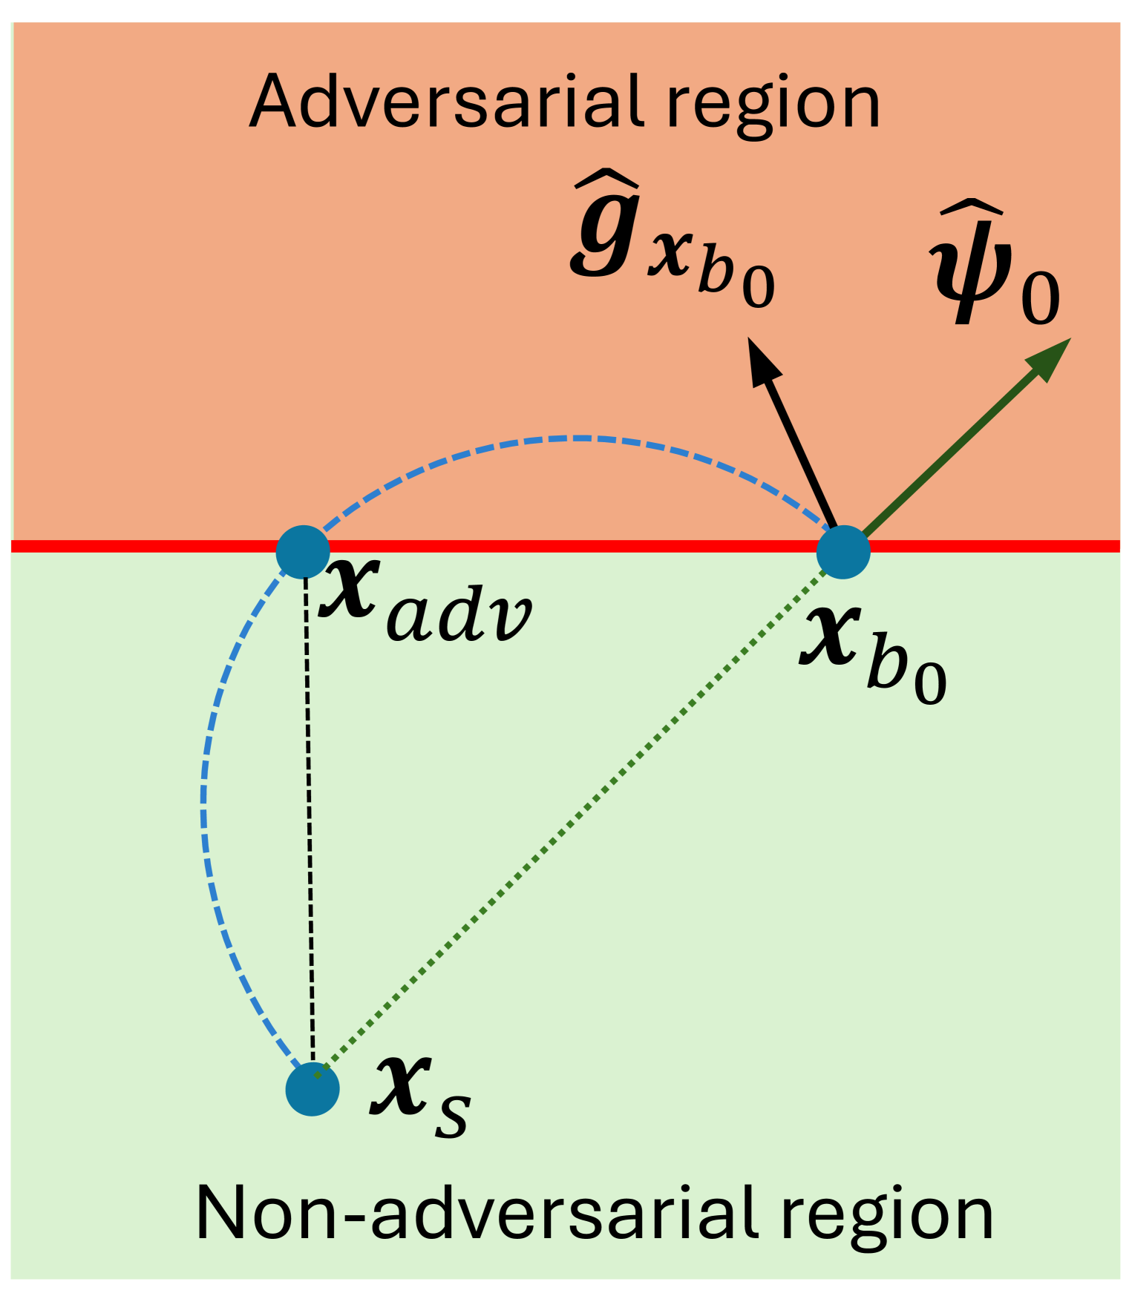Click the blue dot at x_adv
303,552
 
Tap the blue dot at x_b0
843,552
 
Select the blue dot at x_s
313,1088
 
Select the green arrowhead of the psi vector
1049,358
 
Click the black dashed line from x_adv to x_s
309,816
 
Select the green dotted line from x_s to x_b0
579,816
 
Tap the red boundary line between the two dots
572,547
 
